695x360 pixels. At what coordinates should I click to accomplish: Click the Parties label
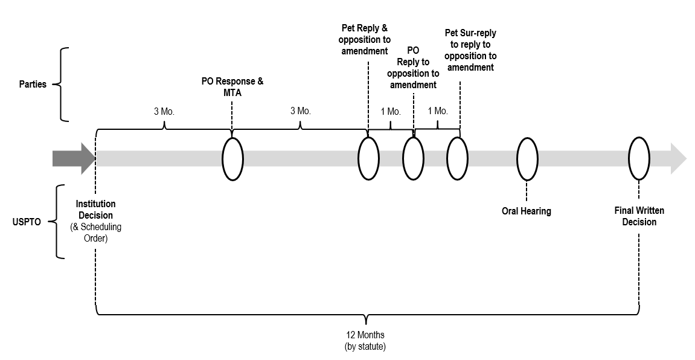click(33, 84)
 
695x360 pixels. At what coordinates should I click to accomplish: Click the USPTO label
click(27, 222)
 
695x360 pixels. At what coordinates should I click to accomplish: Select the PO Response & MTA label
click(232, 88)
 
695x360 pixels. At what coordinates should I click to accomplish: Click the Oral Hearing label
click(526, 211)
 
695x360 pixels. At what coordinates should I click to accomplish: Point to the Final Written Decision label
click(639, 216)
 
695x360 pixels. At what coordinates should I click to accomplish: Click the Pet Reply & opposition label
click(365, 39)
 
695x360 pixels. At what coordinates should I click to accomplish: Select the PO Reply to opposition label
click(413, 68)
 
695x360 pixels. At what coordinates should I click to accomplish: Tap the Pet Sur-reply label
click(470, 50)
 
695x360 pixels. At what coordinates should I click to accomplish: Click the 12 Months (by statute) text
click(365, 341)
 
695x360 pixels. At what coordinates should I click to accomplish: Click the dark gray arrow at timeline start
click(74, 159)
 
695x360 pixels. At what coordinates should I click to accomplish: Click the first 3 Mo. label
click(164, 111)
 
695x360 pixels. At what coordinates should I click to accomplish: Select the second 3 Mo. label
click(301, 111)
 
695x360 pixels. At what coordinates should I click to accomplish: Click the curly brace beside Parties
click(59, 84)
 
